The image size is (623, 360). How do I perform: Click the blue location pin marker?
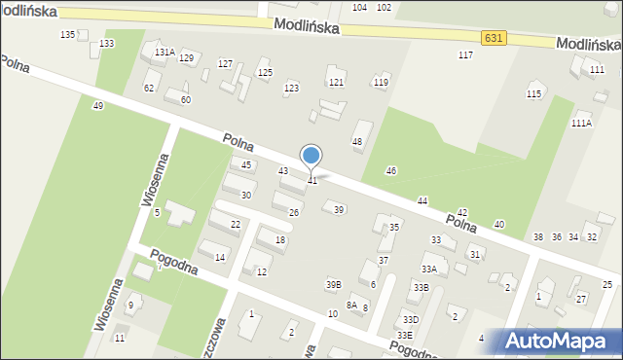click(x=311, y=157)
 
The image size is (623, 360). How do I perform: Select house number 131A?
click(x=165, y=53)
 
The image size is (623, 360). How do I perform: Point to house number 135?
click(x=67, y=35)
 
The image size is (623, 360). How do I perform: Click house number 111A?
click(x=581, y=124)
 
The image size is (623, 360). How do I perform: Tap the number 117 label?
click(x=465, y=55)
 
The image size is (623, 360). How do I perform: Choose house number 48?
click(x=357, y=142)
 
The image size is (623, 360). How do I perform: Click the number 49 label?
click(x=98, y=105)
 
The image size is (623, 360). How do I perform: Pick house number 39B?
click(x=334, y=284)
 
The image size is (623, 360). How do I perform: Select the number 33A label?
click(x=428, y=269)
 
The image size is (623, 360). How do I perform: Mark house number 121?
click(x=336, y=83)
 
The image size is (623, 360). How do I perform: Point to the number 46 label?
click(x=391, y=171)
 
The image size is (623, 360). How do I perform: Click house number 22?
click(x=236, y=225)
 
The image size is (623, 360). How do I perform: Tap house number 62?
click(x=149, y=88)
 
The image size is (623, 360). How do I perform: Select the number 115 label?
click(x=533, y=93)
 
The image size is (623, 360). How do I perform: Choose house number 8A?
click(x=351, y=306)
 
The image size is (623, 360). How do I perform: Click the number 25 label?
click(x=607, y=284)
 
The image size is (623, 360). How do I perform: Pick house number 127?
click(x=225, y=64)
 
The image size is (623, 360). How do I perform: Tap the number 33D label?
click(x=411, y=319)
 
